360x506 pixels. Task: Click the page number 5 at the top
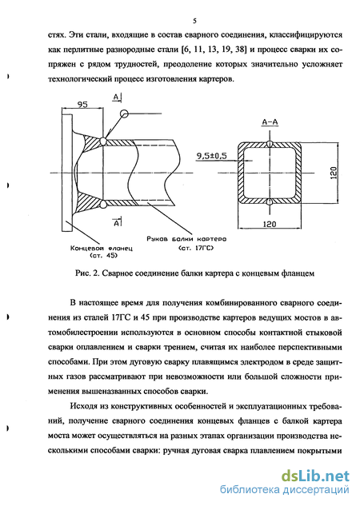[194, 21]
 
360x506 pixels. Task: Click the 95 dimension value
[82, 105]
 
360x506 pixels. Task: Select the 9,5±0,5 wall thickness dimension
[211, 156]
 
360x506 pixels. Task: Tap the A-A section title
[270, 122]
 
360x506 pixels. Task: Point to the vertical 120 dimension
[334, 173]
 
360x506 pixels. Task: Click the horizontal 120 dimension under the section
[270, 224]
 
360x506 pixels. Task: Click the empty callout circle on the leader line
[124, 114]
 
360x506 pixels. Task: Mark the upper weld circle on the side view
[103, 141]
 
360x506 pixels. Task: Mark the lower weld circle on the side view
[103, 204]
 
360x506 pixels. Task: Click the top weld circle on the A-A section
[270, 144]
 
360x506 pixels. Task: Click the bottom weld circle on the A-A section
[270, 202]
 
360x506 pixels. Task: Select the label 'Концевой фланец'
[101, 248]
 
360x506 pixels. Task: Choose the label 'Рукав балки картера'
[186, 239]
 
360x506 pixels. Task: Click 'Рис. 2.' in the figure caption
[87, 273]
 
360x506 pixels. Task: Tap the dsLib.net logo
[315, 476]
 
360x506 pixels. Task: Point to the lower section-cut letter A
[117, 222]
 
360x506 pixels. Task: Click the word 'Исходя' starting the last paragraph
[83, 406]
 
